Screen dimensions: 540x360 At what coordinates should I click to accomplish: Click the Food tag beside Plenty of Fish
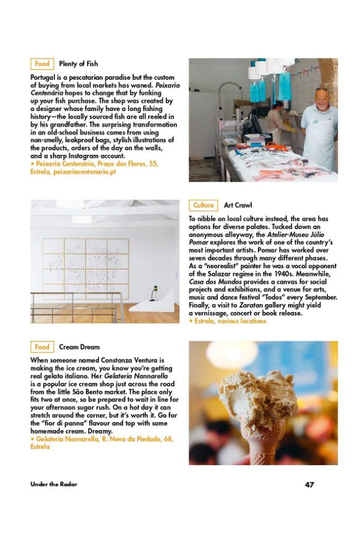pos(42,64)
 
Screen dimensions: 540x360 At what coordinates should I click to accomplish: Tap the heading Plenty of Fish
pos(78,64)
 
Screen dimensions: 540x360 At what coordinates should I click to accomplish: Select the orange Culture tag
pos(203,205)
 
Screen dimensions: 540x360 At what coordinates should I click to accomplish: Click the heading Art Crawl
pos(238,205)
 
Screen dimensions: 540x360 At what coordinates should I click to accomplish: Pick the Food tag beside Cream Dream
pos(42,347)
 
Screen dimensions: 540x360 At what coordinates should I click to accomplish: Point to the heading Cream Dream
pos(79,347)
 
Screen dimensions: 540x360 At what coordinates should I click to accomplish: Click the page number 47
pos(309,484)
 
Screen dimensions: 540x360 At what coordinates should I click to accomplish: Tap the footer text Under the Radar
pos(54,484)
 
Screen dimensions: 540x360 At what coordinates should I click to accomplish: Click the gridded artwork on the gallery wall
pos(85,268)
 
